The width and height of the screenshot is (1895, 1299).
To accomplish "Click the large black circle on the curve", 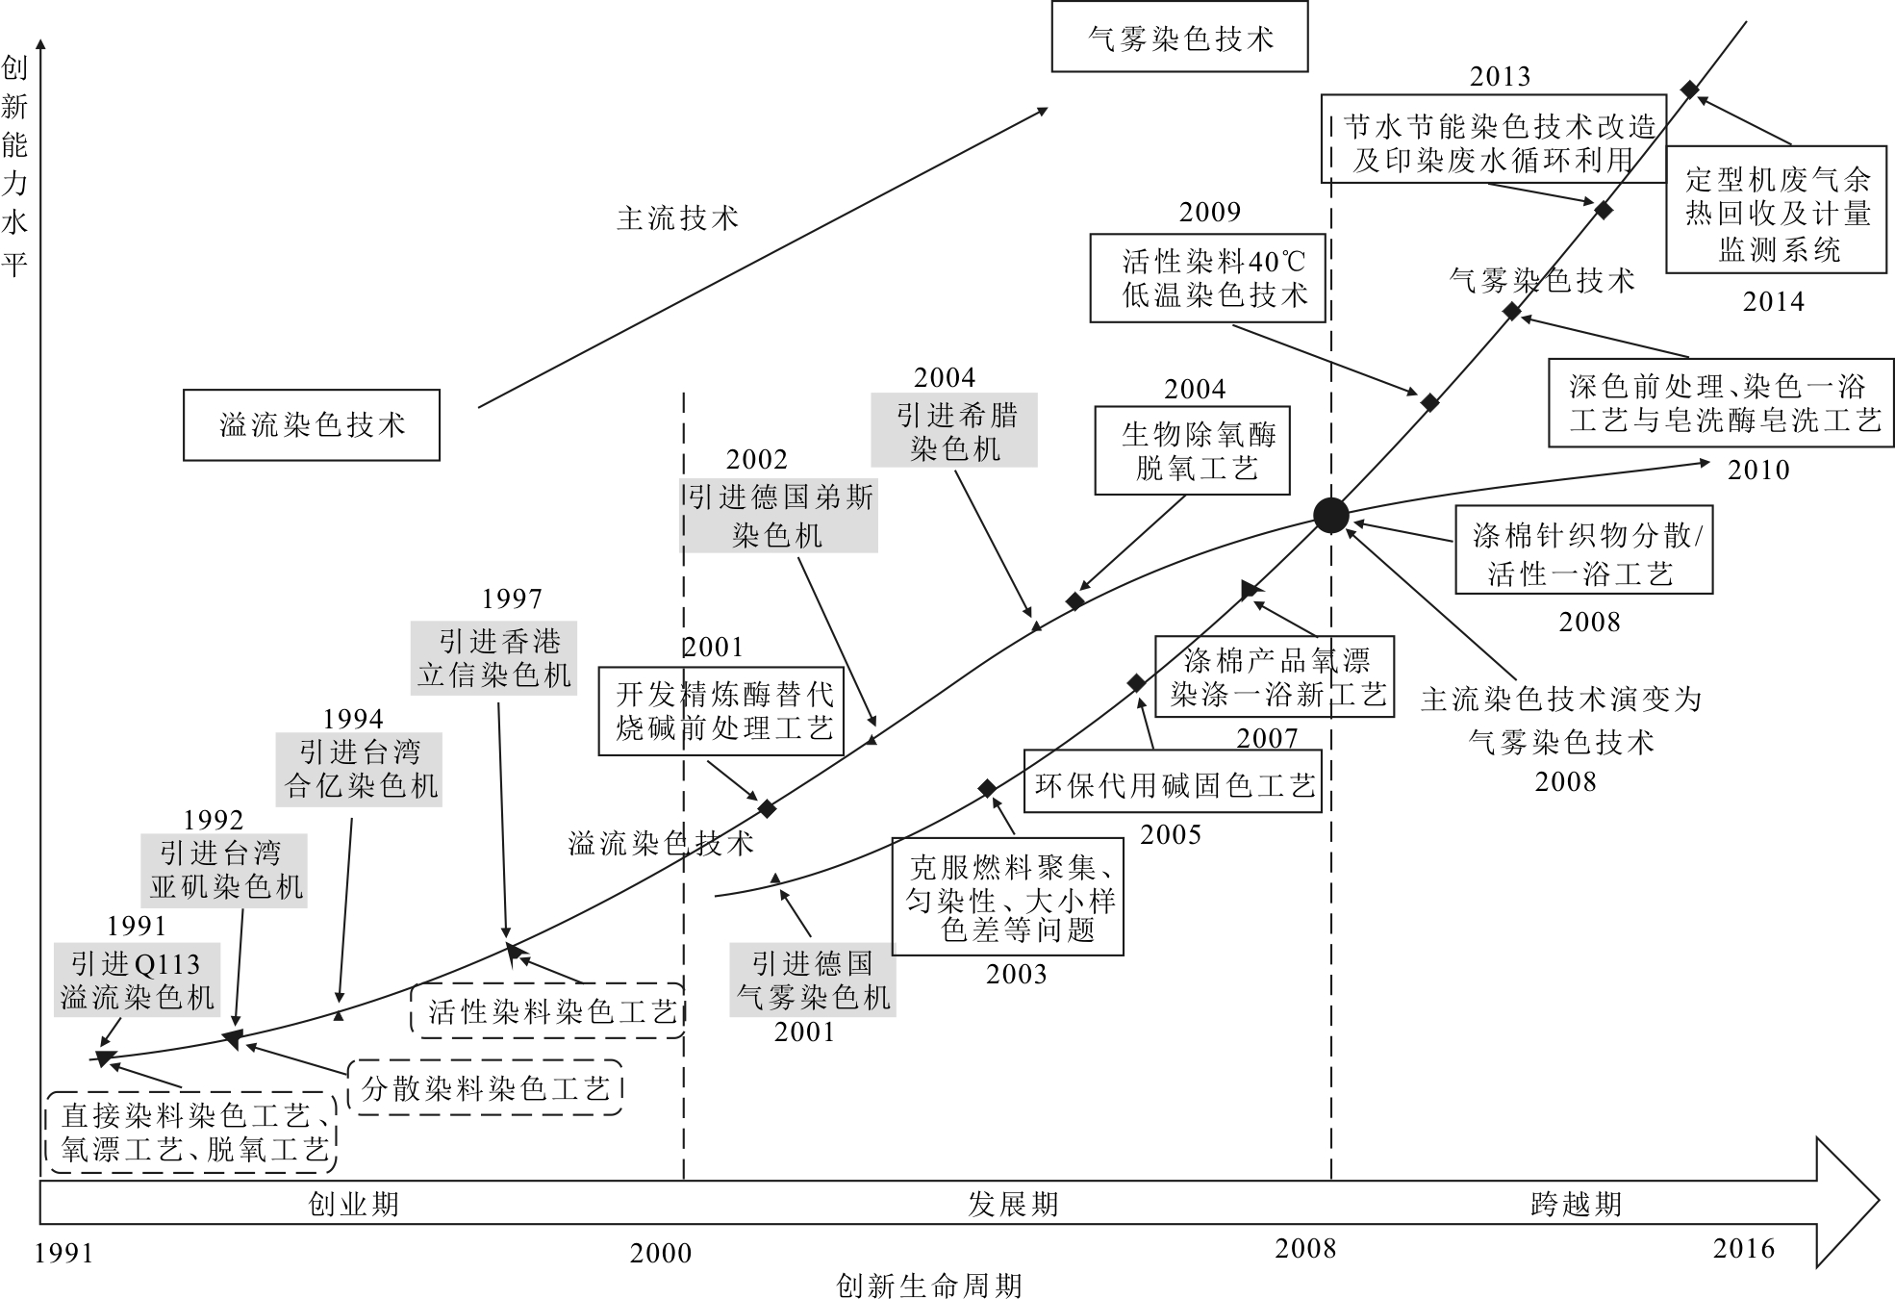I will coord(1331,516).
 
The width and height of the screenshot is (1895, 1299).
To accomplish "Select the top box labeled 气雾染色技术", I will coord(1179,38).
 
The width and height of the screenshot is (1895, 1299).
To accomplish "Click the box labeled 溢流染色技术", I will coord(312,424).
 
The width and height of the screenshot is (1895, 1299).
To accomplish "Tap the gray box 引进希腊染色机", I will coord(954,430).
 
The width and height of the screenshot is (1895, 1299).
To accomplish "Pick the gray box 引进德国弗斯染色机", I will coord(779,516).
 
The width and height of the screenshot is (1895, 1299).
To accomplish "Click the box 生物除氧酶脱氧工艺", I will coord(1192,450).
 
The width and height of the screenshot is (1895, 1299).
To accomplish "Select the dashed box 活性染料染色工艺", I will coord(548,1010).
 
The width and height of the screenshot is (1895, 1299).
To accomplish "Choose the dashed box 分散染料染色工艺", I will coord(485,1087).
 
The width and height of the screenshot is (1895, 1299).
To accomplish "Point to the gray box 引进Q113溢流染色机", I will coord(137,980).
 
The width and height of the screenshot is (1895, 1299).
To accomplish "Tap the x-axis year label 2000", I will coord(661,1252).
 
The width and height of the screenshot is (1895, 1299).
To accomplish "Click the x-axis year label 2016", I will coord(1743,1248).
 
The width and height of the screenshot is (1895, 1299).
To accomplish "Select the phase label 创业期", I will coord(353,1204).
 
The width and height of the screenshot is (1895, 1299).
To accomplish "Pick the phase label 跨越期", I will coord(1576,1204).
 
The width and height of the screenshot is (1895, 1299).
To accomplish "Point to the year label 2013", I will coord(1500,76).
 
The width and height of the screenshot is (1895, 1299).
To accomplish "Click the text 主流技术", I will coord(677,218).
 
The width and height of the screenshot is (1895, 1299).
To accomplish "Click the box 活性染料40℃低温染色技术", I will coord(1207,278).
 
